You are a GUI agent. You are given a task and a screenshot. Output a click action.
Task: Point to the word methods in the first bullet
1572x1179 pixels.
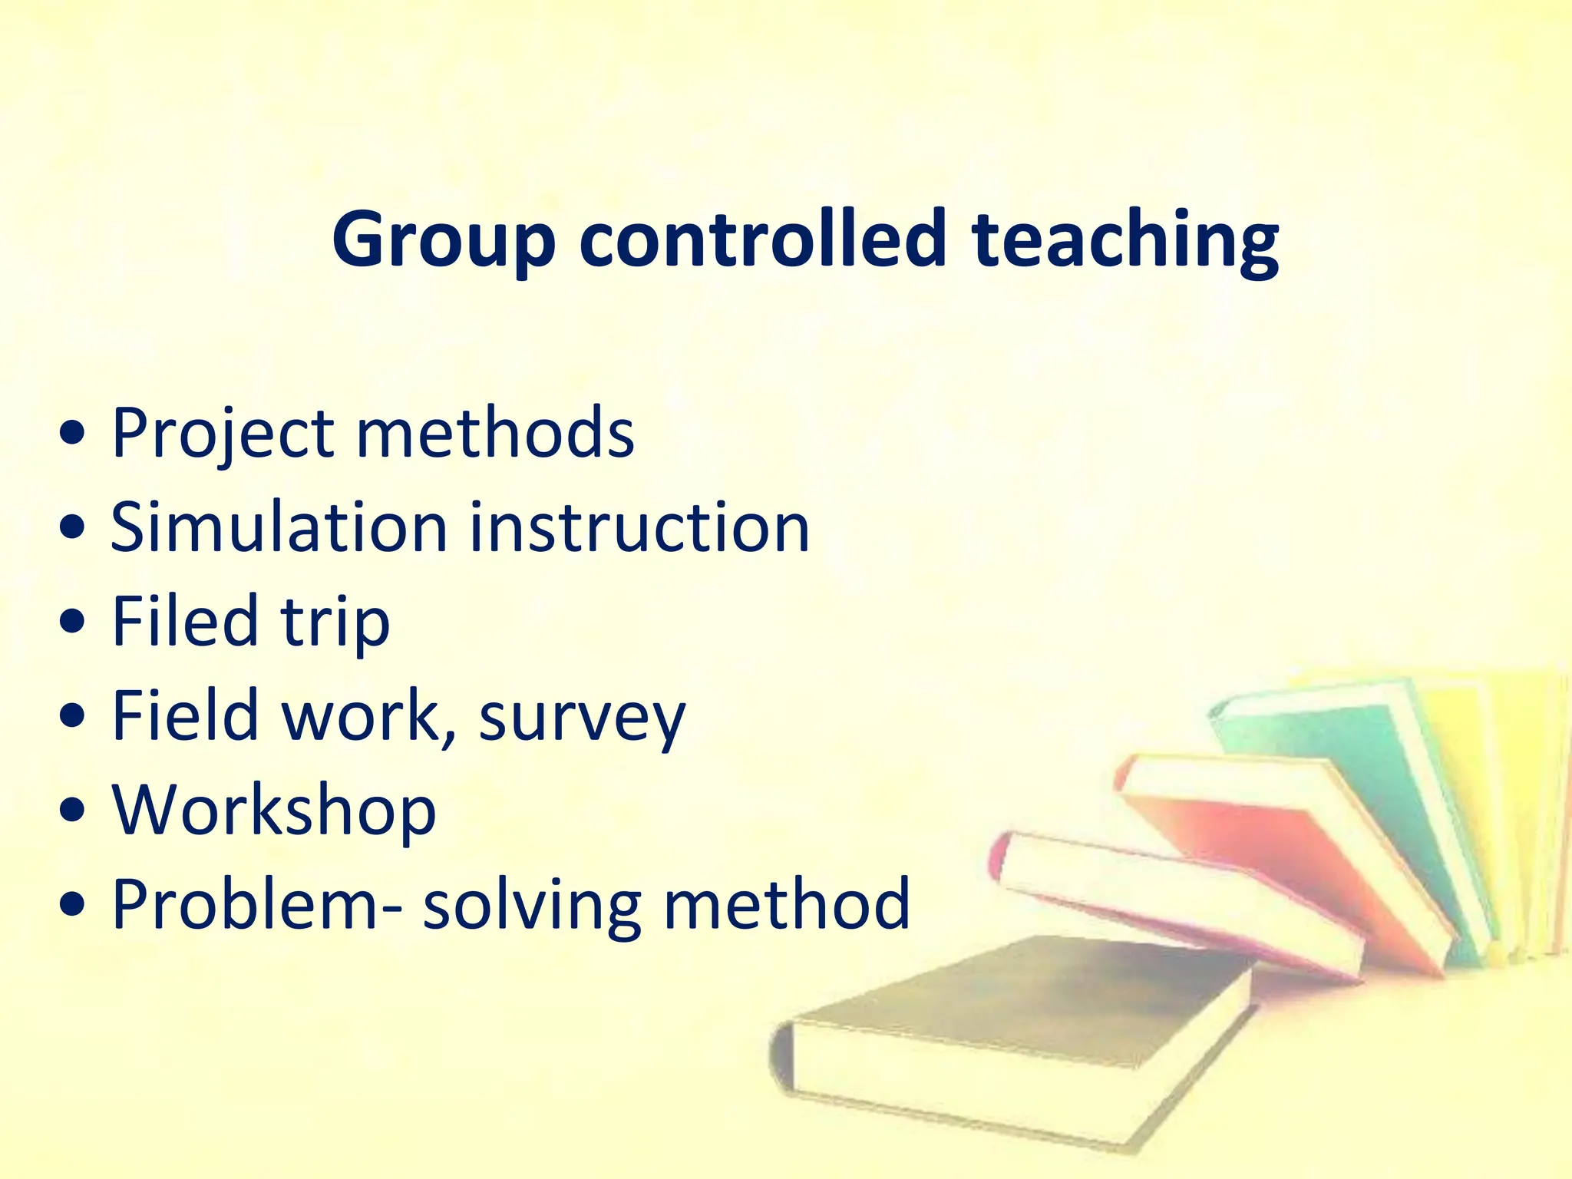(495, 433)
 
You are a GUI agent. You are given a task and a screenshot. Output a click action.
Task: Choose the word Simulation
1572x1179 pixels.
(279, 527)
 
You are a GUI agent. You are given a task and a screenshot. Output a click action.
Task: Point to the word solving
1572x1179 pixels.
(532, 906)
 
